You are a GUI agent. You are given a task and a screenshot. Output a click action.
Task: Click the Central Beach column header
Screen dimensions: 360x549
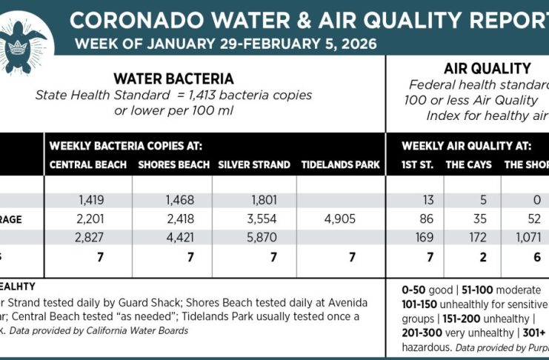[88, 164]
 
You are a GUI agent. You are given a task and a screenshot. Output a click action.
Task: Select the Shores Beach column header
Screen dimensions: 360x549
[172, 164]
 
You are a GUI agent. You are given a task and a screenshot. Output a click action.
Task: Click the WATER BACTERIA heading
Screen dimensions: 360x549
[173, 79]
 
